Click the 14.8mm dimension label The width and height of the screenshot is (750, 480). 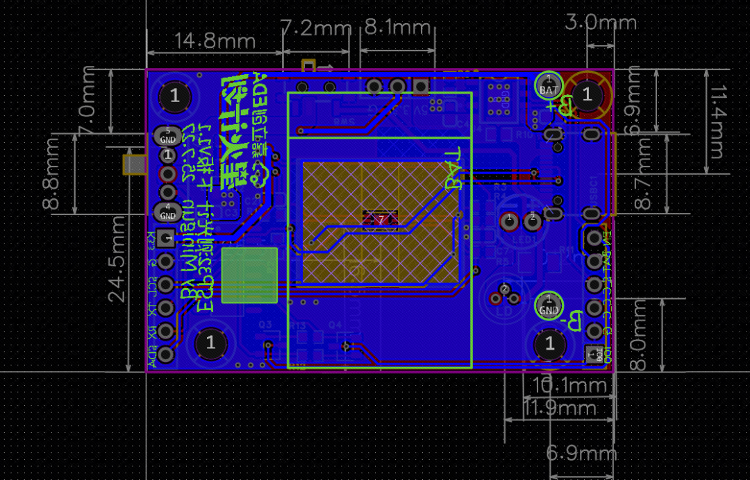(x=215, y=40)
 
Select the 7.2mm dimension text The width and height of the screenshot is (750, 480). (x=316, y=28)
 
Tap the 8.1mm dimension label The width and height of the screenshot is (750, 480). (x=398, y=28)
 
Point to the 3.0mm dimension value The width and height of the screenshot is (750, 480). (x=601, y=22)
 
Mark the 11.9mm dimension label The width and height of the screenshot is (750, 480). (x=560, y=408)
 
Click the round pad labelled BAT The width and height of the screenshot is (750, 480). (x=549, y=85)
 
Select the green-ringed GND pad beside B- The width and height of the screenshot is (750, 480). (x=549, y=305)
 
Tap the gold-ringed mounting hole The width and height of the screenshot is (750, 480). (x=587, y=94)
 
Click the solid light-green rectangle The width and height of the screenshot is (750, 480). (x=249, y=276)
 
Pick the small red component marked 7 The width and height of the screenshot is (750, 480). (x=380, y=219)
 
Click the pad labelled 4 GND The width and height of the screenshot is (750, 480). (x=167, y=212)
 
